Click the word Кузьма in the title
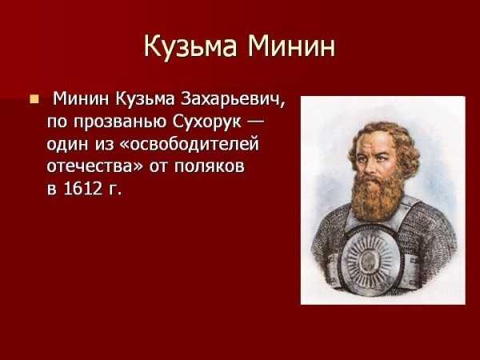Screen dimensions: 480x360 click(190, 46)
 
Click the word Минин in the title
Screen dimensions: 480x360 click(291, 46)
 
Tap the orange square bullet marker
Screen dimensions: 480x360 click(34, 99)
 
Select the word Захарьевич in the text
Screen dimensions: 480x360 click(233, 99)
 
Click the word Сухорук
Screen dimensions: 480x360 click(207, 122)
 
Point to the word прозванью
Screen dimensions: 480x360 click(121, 122)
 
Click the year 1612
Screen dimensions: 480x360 click(82, 188)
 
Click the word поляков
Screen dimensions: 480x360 click(210, 166)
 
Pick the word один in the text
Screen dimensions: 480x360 click(67, 144)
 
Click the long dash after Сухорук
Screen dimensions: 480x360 click(255, 122)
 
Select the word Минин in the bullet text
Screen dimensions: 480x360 click(81, 99)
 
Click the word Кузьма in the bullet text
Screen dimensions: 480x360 click(145, 99)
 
